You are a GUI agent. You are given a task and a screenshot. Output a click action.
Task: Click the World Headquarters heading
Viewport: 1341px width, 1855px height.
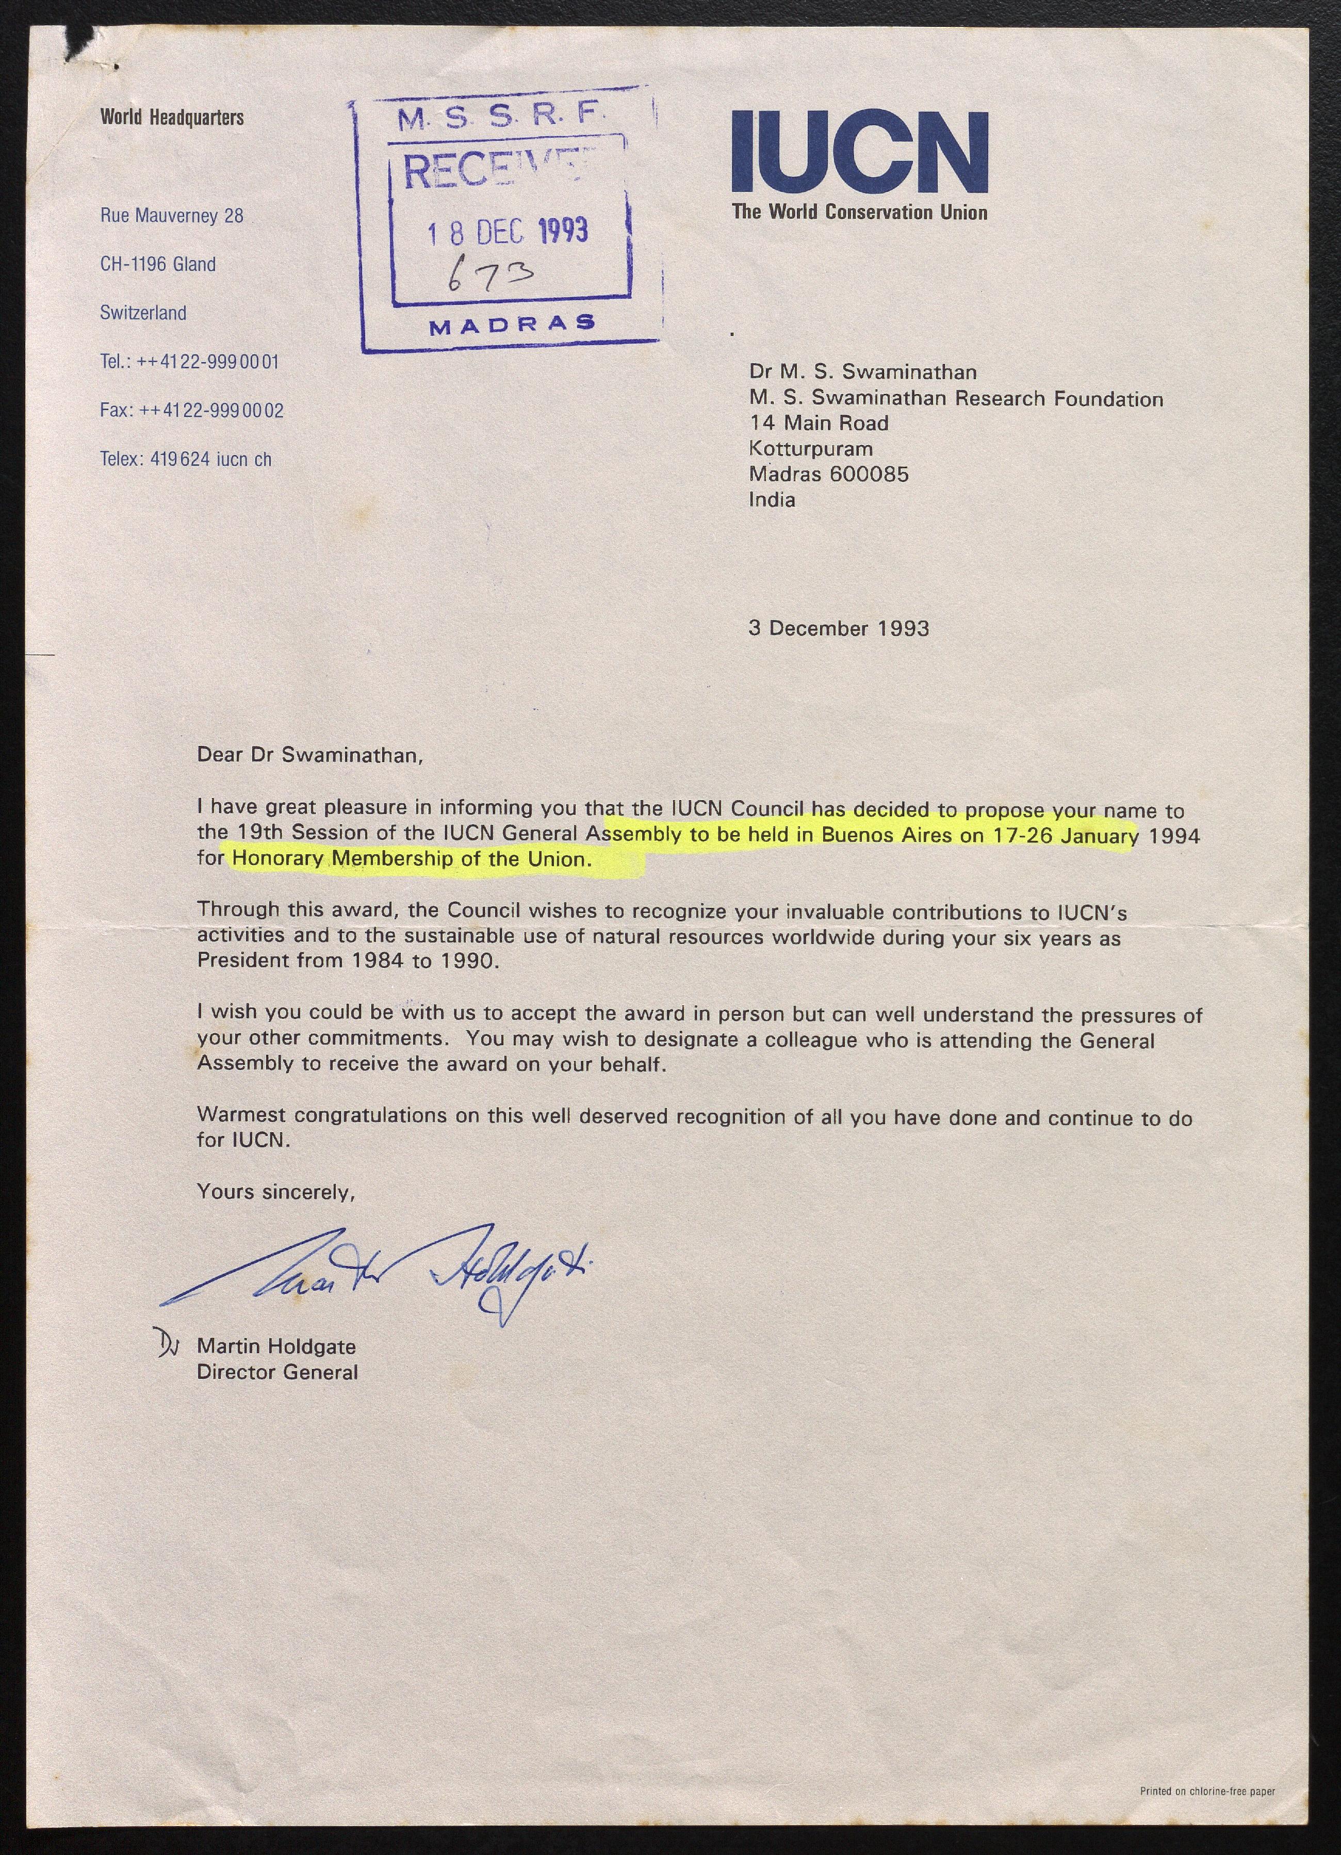pyautogui.click(x=172, y=118)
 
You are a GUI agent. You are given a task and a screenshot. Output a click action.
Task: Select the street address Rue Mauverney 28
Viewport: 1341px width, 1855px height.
pyautogui.click(x=172, y=216)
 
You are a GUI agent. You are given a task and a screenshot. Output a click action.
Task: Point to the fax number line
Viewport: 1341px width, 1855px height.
pyautogui.click(x=191, y=411)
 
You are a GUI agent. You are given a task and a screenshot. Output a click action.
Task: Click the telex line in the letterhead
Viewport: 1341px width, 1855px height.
pyautogui.click(x=186, y=460)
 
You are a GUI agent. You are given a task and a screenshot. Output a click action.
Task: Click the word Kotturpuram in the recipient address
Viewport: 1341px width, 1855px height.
pyautogui.click(x=810, y=449)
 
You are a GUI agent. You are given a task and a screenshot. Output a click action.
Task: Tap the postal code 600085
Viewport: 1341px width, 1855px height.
pyautogui.click(x=869, y=475)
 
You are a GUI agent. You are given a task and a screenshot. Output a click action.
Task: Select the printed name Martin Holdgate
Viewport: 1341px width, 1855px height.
pyautogui.click(x=276, y=1346)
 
